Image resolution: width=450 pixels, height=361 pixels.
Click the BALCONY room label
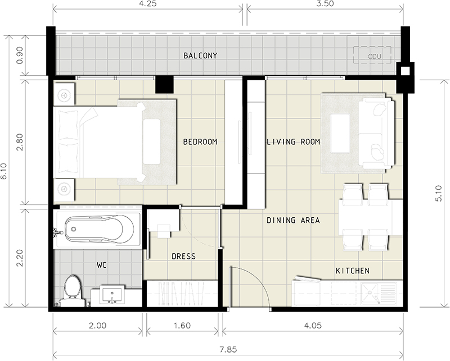[200, 56]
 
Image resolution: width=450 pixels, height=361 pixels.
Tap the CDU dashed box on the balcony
[372, 55]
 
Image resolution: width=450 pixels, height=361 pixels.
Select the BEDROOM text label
[200, 142]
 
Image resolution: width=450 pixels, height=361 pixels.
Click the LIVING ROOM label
[293, 142]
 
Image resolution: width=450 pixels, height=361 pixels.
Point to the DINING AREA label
[293, 220]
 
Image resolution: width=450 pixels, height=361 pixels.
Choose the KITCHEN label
[353, 271]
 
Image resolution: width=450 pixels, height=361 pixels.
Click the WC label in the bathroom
[102, 266]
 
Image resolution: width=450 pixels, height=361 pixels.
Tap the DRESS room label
[184, 256]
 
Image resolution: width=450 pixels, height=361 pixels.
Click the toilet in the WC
[72, 290]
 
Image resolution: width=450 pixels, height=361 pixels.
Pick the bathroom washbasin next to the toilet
[112, 294]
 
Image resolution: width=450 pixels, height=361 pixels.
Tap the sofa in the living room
[376, 134]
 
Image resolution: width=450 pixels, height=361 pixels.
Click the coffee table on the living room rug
[340, 134]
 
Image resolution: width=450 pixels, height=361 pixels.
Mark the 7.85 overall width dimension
[228, 350]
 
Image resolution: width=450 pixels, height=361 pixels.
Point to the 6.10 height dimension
[4, 171]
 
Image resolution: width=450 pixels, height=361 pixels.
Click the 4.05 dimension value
[313, 326]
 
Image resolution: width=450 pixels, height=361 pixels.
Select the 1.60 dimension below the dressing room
[182, 326]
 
